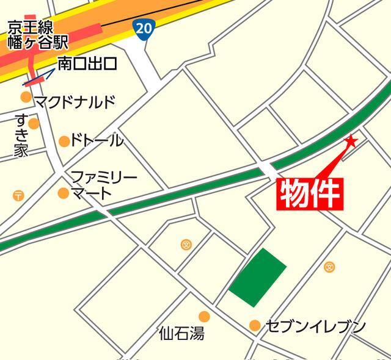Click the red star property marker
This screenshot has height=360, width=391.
(351, 142)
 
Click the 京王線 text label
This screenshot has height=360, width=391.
(31, 27)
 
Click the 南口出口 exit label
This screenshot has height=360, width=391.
(87, 63)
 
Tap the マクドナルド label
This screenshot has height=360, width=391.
(75, 101)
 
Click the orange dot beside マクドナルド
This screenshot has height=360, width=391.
(26, 96)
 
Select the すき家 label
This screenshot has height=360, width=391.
(21, 135)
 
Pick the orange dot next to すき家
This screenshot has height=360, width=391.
(34, 123)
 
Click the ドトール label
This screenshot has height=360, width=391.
(97, 141)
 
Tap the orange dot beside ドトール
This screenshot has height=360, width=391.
(64, 142)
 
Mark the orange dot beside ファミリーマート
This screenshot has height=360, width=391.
(63, 193)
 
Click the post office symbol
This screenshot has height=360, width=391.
(18, 195)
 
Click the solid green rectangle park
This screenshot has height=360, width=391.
(258, 278)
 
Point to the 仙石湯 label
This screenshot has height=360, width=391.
(181, 334)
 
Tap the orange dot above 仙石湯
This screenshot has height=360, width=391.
(204, 316)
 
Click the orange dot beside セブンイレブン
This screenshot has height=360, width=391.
(255, 326)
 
